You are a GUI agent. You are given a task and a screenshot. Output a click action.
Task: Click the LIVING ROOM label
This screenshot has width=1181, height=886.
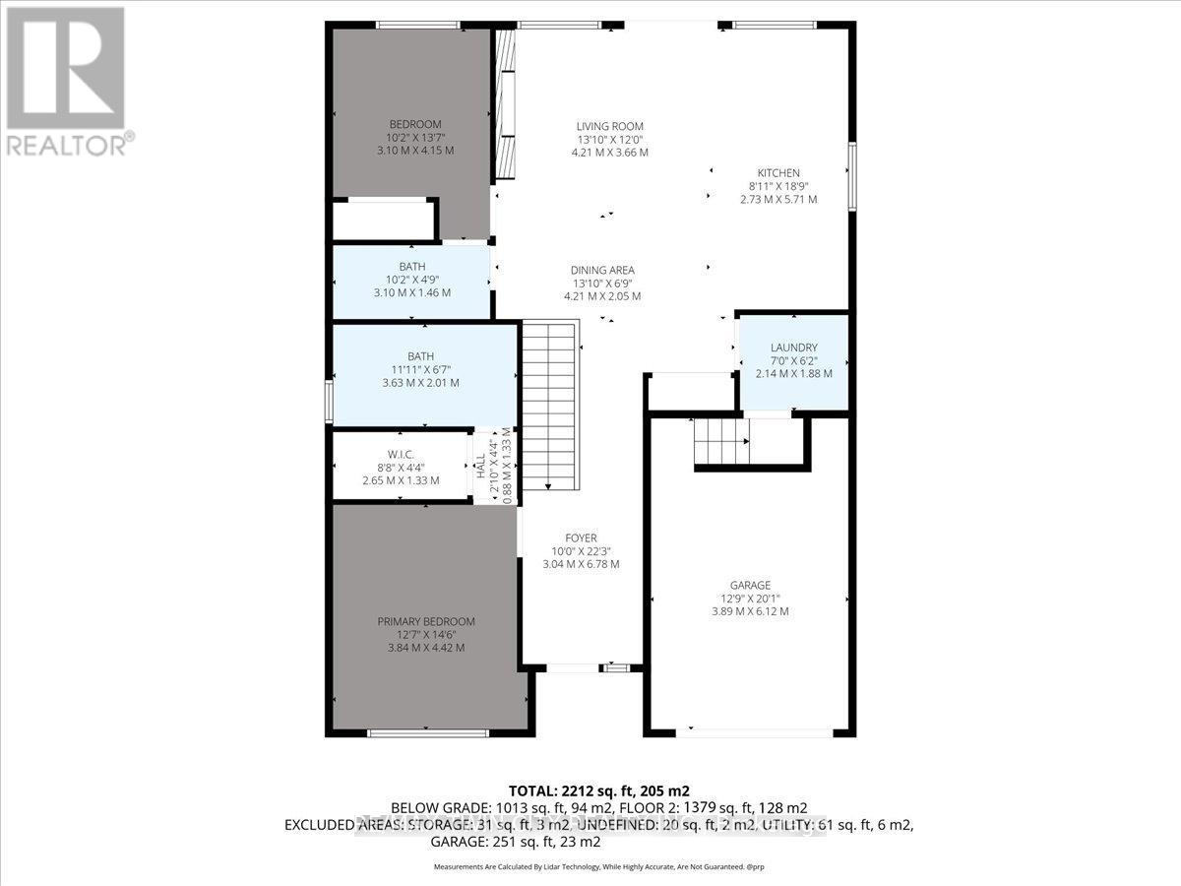coord(609,126)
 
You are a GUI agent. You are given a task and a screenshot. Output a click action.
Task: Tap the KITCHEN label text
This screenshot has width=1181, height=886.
coord(778,173)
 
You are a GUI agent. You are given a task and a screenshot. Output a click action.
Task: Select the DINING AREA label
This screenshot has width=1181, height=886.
coord(602,271)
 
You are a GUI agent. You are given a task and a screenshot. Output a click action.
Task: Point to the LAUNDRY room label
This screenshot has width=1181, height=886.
coord(793,348)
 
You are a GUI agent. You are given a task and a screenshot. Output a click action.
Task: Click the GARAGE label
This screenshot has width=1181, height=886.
coord(750,586)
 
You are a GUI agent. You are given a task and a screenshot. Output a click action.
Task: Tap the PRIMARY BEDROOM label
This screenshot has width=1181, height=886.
coord(426,622)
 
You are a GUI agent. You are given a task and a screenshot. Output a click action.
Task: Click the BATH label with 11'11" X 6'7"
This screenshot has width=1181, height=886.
coord(423,356)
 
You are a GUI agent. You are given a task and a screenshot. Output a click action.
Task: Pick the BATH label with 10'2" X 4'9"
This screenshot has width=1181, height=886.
coord(411,267)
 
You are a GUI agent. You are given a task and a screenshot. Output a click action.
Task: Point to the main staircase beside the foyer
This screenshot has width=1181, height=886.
coord(547,407)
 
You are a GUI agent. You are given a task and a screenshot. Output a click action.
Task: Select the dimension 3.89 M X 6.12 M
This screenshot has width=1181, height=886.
coord(750,611)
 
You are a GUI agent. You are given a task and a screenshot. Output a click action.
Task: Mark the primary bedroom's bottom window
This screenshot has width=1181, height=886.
coord(427,732)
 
